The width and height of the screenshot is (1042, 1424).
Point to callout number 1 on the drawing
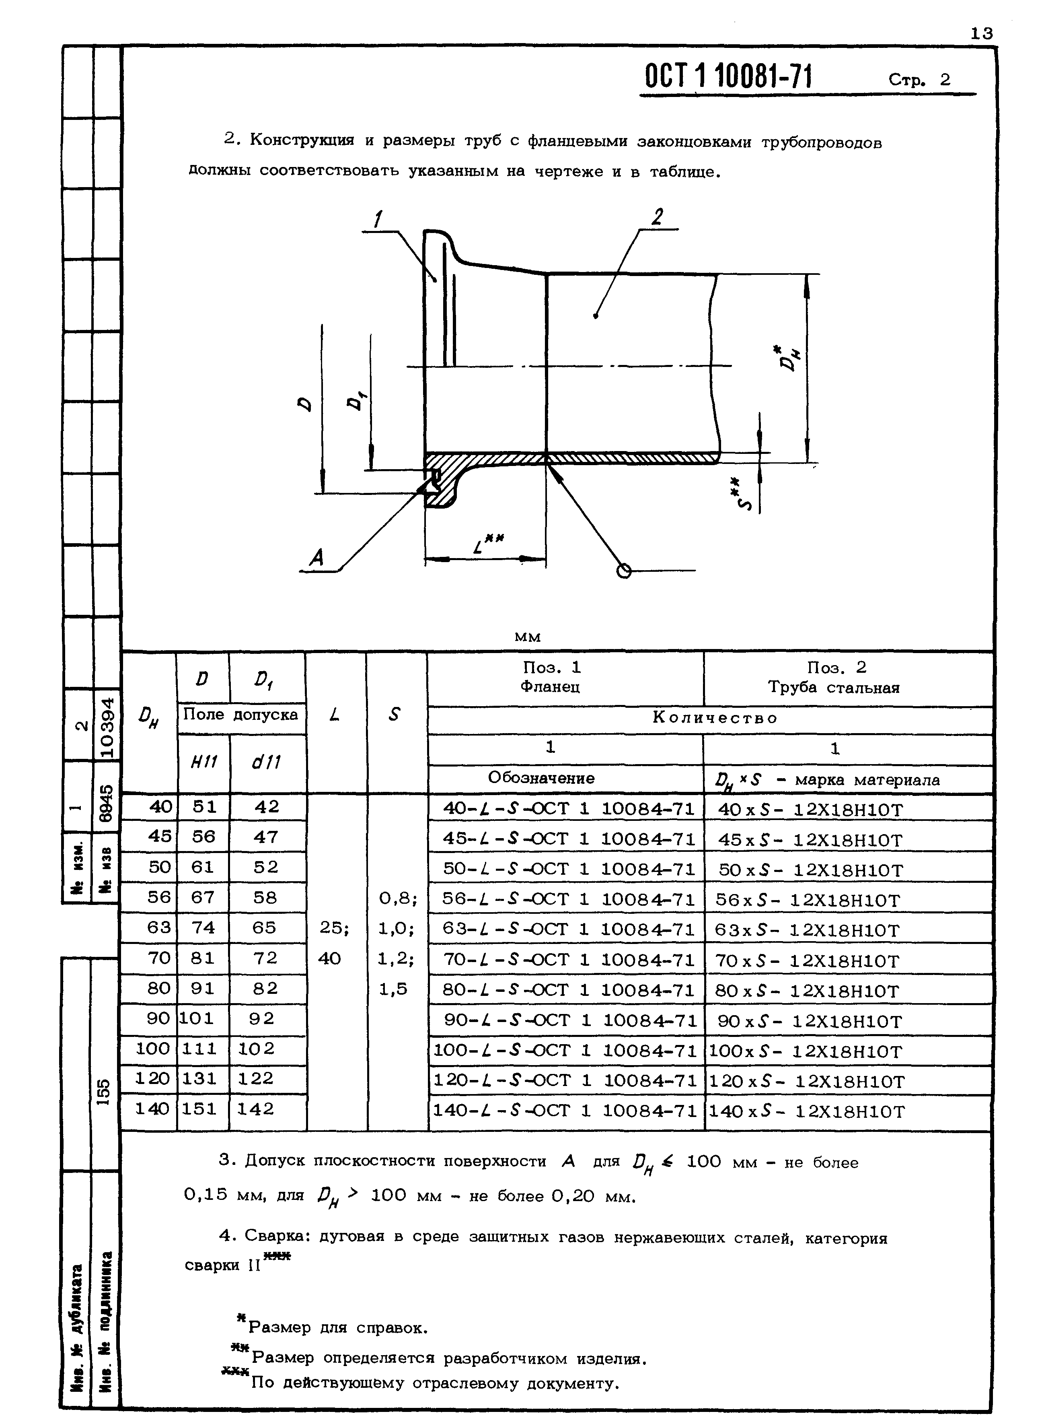pyautogui.click(x=378, y=219)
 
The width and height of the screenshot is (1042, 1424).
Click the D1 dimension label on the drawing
pyautogui.click(x=358, y=400)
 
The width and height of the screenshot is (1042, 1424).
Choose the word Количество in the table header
pyautogui.click(x=715, y=718)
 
